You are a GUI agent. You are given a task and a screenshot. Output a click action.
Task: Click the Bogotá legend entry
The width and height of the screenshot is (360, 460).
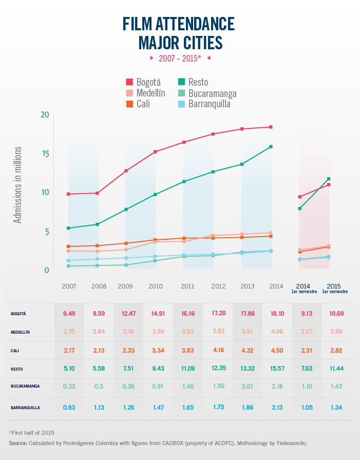pos(143,82)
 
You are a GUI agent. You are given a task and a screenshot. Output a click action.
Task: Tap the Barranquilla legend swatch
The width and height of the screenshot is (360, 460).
pos(182,104)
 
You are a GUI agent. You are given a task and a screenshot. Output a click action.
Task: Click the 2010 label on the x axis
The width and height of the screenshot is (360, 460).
pos(156,286)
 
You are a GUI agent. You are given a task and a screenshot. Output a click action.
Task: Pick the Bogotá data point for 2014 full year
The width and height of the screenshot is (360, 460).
pos(271,127)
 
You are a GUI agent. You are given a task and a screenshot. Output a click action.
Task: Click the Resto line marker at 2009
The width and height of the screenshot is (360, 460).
pos(126,209)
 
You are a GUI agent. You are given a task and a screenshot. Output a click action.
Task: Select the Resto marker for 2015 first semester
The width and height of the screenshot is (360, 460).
pos(329,179)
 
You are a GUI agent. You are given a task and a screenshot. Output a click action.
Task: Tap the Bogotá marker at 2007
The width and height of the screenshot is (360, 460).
pos(68,194)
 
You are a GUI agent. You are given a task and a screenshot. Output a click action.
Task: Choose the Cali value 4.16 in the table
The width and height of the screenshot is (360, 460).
pos(219,351)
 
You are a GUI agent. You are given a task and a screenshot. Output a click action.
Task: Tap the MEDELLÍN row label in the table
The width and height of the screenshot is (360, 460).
pos(20,332)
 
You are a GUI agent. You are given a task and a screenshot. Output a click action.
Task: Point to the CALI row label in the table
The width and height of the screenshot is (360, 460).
pos(15,351)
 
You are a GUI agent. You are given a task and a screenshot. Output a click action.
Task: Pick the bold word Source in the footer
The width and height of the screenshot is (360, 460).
pos(18,443)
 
